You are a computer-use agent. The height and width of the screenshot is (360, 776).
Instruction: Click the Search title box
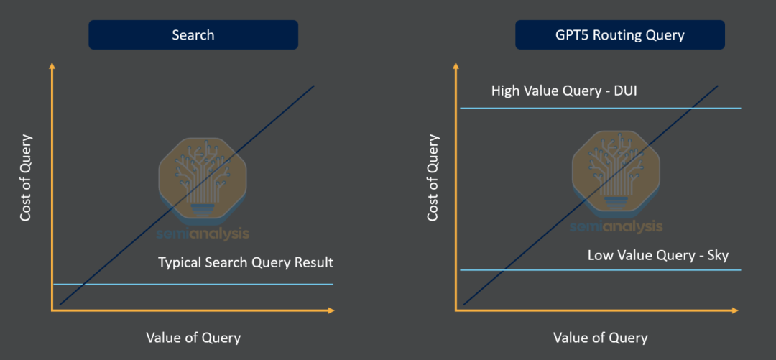[x=193, y=34]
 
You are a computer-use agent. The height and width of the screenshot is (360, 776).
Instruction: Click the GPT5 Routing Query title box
[x=619, y=34]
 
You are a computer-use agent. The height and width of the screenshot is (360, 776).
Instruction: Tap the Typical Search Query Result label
[x=246, y=263]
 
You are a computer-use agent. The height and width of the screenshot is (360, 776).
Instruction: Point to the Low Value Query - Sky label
[x=658, y=256]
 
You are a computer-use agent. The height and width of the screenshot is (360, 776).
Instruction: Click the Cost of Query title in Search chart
[x=26, y=177]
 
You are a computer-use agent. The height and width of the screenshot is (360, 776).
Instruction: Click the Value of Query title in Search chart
[x=193, y=338]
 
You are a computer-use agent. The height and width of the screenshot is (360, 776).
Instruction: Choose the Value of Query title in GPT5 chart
[x=600, y=338]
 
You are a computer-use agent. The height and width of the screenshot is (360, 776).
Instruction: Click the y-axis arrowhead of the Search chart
[x=52, y=66]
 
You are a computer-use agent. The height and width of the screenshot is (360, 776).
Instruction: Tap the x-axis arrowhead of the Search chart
[x=331, y=310]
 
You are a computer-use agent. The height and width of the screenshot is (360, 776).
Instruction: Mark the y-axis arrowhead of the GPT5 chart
[x=456, y=66]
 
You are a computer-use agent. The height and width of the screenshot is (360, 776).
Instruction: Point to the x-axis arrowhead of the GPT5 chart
[x=734, y=310]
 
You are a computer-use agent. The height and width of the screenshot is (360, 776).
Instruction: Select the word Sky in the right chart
[x=718, y=257]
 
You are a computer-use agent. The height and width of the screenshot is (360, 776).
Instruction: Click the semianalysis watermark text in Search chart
[x=203, y=234]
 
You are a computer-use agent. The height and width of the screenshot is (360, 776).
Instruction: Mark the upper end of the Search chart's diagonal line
[x=314, y=86]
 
